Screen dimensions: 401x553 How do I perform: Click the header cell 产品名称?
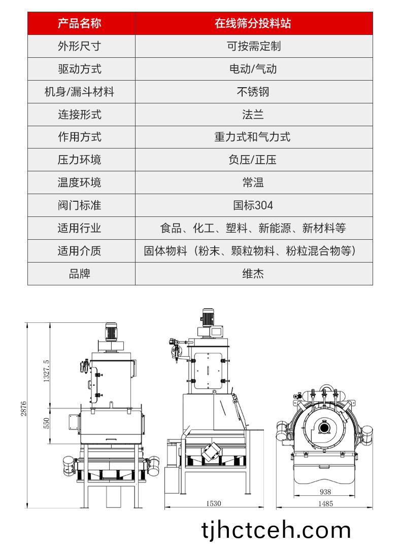click(80, 23)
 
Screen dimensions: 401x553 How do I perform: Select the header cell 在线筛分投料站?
click(253, 23)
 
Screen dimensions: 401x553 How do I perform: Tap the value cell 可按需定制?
click(253, 46)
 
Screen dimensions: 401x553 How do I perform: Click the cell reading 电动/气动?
click(253, 69)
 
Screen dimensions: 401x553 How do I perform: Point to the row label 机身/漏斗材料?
click(80, 92)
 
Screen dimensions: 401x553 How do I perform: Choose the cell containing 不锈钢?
click(253, 92)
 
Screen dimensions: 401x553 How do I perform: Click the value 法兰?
click(253, 114)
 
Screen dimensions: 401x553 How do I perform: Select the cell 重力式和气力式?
click(253, 137)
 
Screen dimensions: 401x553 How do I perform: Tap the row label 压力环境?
click(80, 160)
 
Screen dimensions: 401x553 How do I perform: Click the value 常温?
click(253, 182)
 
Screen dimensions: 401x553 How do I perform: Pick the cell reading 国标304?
click(253, 205)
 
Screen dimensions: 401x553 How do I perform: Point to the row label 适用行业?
click(80, 228)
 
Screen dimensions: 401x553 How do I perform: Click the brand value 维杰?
click(253, 274)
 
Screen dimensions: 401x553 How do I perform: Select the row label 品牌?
click(80, 274)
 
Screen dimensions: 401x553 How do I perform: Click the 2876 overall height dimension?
click(24, 409)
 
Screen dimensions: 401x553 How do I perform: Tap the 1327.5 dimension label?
click(46, 371)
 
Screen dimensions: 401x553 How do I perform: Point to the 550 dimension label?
click(46, 423)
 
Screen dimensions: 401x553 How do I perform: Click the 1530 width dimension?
click(213, 503)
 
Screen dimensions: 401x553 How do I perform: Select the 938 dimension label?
click(325, 492)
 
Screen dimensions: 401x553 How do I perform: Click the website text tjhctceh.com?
click(276, 530)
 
